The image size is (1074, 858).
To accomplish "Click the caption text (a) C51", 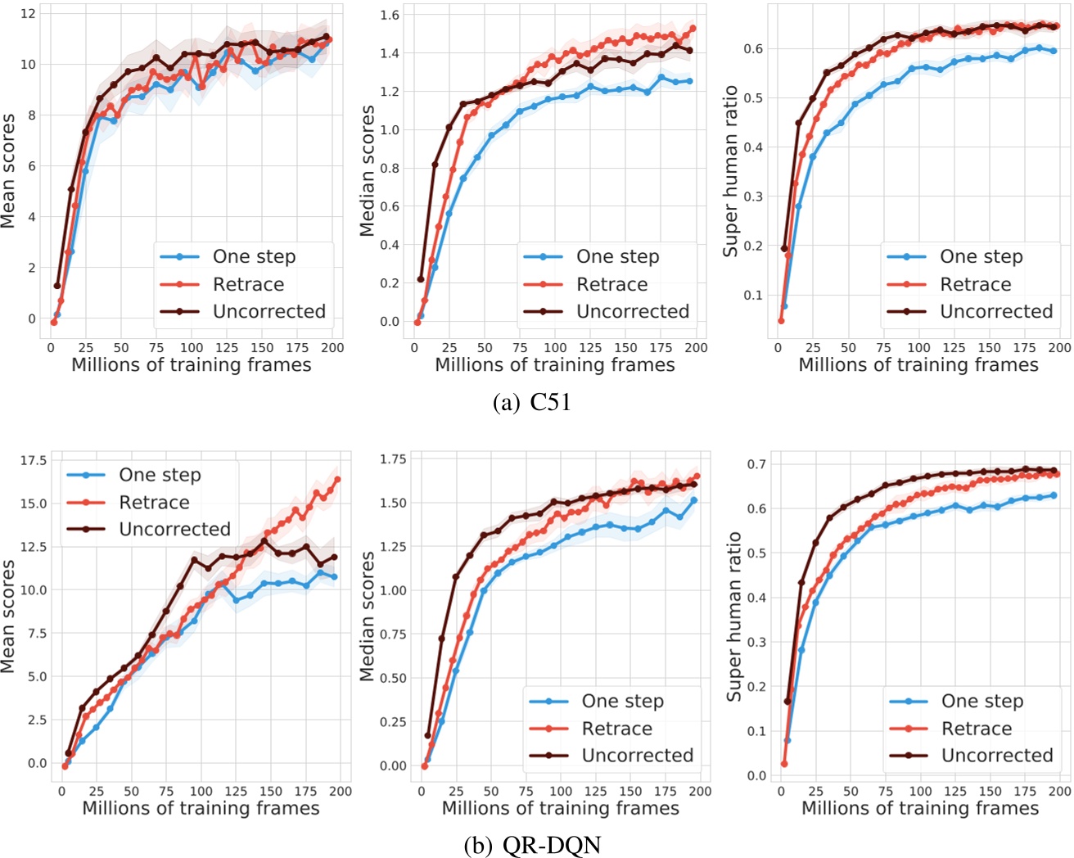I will (532, 403).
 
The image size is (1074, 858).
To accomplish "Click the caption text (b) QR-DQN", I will (532, 845).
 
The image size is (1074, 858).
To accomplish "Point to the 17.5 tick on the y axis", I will (34, 460).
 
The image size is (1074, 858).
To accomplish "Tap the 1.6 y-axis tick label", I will (390, 15).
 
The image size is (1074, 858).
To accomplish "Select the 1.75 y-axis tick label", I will (393, 459).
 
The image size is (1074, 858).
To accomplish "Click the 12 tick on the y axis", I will (28, 13).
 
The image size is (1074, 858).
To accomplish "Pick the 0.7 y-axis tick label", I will (756, 464).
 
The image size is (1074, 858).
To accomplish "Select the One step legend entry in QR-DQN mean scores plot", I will (160, 475).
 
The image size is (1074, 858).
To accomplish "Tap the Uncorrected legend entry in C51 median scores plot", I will (632, 311).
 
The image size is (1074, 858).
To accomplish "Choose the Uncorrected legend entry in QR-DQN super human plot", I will (996, 755).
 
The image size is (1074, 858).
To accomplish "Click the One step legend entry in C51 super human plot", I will (981, 256).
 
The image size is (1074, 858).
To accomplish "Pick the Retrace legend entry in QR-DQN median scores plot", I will (616, 729).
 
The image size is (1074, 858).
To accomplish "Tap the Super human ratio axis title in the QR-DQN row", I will (734, 616).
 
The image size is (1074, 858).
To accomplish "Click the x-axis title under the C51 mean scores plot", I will (191, 365).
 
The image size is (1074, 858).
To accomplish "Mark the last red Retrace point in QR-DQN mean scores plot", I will (337, 480).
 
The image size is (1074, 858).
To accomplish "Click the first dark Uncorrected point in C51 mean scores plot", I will (57, 286).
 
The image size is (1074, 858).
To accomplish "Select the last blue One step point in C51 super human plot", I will (1053, 51).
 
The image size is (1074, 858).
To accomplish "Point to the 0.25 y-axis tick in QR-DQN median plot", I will (393, 722).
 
